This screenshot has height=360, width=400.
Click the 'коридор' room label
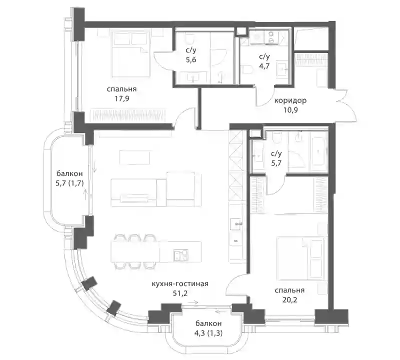click(x=290, y=101)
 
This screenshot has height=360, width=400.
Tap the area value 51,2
click(x=180, y=293)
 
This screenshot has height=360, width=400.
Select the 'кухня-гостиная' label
click(x=180, y=283)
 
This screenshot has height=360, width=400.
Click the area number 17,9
click(x=121, y=98)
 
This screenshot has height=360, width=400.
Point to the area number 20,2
click(x=289, y=300)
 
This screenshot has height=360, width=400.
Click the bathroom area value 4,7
click(x=264, y=66)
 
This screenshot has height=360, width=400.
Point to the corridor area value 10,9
click(x=290, y=110)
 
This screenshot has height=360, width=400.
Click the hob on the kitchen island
click(x=181, y=255)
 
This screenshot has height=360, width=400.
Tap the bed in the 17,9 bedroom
click(x=130, y=53)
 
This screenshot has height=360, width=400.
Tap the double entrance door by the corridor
click(x=345, y=105)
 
